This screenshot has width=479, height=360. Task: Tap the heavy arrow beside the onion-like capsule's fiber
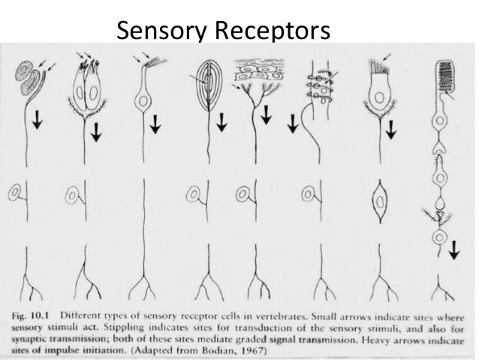click(224, 120)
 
